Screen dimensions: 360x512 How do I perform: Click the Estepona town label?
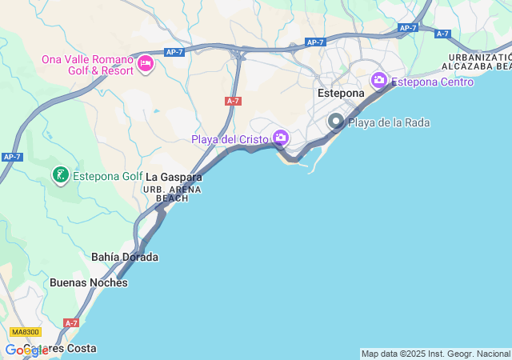(x=341, y=94)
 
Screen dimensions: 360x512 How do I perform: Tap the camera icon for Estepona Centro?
(x=379, y=80)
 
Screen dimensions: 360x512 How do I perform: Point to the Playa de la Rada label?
(x=389, y=122)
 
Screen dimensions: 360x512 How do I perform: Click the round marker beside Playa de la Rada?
(x=336, y=122)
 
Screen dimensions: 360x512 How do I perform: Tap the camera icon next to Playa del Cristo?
(x=280, y=138)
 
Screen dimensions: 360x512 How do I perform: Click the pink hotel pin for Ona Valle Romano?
(x=145, y=64)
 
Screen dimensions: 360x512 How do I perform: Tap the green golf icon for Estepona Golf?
(x=59, y=174)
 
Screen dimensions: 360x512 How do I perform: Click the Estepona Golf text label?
(x=108, y=176)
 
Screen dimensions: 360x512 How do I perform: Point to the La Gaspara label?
(x=174, y=177)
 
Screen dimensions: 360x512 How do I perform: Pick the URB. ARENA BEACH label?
(x=172, y=194)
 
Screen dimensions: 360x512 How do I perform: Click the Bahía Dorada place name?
(x=125, y=257)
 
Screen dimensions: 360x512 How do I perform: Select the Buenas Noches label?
(x=88, y=282)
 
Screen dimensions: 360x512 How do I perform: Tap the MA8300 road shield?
(x=26, y=331)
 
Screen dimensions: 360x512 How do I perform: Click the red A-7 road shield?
(x=233, y=101)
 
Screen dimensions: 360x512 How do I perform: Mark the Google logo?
(x=26, y=350)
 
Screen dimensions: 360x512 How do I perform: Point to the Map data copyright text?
(x=435, y=354)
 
